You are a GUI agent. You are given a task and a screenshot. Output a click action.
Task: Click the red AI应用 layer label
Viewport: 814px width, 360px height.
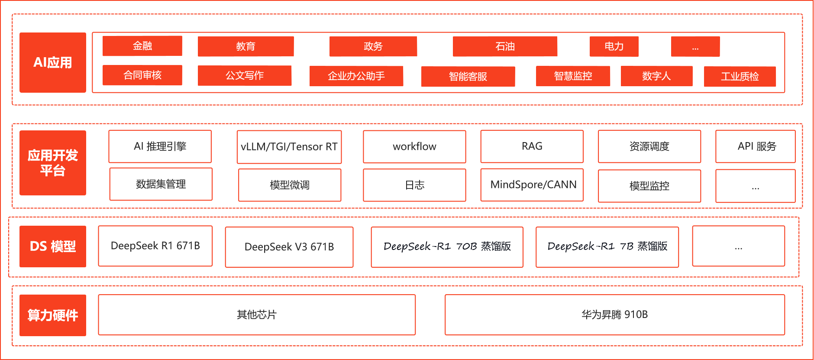click(x=53, y=62)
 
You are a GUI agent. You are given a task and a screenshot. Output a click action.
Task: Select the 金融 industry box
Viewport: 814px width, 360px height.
click(x=142, y=46)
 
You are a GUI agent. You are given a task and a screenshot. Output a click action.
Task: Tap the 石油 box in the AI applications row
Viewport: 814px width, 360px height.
click(x=505, y=46)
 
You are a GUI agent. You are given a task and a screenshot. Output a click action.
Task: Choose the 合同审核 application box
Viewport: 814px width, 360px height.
click(x=142, y=75)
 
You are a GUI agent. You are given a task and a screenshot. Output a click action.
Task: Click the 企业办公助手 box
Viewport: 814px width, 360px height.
click(x=356, y=76)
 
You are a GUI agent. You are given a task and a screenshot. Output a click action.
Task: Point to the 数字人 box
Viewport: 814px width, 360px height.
click(x=656, y=76)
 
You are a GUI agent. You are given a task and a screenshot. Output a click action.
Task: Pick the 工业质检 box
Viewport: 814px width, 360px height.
click(x=740, y=77)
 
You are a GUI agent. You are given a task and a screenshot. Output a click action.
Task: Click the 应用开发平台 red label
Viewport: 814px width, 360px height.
click(x=53, y=163)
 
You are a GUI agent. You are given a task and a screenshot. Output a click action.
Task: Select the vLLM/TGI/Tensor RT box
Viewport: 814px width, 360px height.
click(x=289, y=147)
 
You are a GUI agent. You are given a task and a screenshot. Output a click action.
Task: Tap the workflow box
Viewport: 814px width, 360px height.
click(x=414, y=147)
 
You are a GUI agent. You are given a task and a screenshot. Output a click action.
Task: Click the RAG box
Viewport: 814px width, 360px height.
click(x=532, y=146)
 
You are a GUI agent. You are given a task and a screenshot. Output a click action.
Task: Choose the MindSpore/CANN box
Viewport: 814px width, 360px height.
click(x=532, y=185)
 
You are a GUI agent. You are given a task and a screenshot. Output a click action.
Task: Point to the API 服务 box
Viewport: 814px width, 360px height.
click(x=755, y=146)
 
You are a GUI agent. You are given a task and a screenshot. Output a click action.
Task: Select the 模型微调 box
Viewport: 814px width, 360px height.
click(x=289, y=185)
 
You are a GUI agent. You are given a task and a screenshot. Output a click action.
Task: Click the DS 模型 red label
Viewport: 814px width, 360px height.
click(x=53, y=246)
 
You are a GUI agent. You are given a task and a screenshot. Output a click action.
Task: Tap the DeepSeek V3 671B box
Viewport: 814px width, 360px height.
click(x=289, y=247)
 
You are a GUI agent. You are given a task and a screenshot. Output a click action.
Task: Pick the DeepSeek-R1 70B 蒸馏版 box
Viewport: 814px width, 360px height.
click(x=447, y=247)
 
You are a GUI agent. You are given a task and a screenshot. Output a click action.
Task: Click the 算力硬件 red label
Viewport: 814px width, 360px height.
click(x=53, y=315)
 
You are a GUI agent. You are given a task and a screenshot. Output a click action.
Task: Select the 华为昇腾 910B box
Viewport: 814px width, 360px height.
click(x=614, y=315)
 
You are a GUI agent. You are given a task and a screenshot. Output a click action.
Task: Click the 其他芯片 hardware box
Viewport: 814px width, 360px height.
click(x=257, y=315)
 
